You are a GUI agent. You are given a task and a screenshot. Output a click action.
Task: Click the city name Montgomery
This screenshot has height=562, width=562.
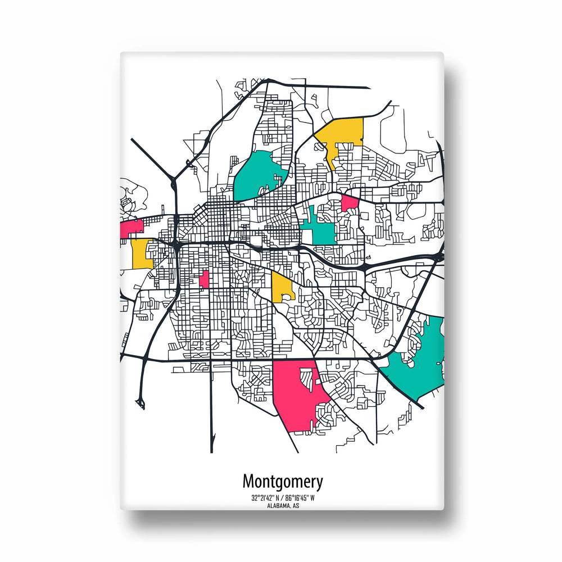click(283, 482)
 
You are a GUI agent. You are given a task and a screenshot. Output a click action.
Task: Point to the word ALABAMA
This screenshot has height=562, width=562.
click(277, 506)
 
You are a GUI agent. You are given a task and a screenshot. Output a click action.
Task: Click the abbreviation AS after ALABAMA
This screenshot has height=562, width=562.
click(295, 506)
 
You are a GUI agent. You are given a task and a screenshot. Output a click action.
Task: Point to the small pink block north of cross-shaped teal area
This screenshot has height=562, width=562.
click(350, 203)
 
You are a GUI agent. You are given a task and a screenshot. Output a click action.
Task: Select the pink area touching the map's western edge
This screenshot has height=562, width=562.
click(132, 228)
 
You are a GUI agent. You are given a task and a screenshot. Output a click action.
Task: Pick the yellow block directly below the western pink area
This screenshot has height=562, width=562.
click(142, 254)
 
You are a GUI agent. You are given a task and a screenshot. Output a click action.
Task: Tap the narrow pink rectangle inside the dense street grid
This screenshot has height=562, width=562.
click(205, 279)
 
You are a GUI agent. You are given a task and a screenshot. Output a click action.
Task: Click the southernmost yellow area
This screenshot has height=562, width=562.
click(282, 287)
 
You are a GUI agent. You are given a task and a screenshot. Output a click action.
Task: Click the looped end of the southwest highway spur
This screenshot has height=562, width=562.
click(139, 402)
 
